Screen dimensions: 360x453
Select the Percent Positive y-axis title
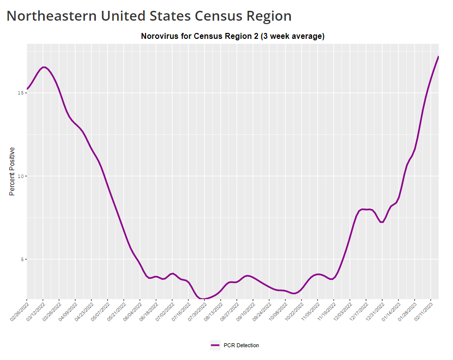(12, 171)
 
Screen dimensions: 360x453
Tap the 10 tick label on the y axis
(20, 176)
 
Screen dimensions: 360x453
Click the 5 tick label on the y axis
(22, 259)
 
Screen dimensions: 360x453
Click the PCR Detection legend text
(240, 345)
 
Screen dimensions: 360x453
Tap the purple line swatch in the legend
(215, 345)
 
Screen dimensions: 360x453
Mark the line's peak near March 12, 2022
(44, 67)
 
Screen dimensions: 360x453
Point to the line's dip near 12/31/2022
(382, 222)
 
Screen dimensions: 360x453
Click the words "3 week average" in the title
(293, 36)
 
